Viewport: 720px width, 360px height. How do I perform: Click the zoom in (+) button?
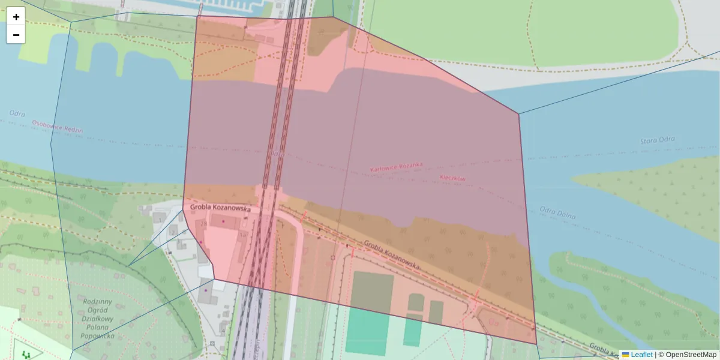(16, 17)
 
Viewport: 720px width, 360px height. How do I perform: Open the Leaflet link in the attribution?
(641, 355)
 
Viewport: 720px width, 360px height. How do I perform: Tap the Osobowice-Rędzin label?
(58, 126)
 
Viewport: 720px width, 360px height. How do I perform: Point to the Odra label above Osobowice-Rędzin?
(17, 113)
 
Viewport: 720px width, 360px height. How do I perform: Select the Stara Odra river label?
(657, 140)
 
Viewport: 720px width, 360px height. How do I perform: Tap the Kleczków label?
(453, 178)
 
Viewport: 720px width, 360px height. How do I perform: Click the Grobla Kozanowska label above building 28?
(220, 208)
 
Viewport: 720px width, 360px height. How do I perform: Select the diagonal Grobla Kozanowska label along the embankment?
(392, 254)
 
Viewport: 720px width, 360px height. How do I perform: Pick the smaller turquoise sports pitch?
(412, 330)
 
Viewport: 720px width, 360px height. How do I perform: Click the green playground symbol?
(25, 355)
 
